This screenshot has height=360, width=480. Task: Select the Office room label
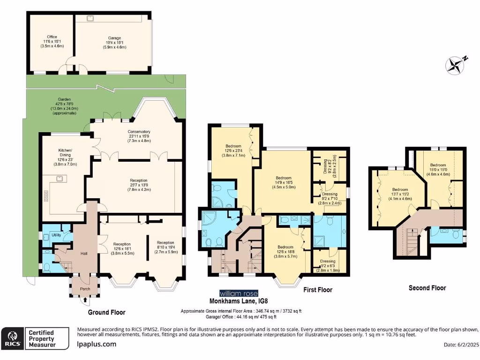click(x=52, y=37)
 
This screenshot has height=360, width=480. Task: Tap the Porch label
click(x=85, y=289)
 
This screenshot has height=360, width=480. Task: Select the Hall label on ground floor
click(x=84, y=254)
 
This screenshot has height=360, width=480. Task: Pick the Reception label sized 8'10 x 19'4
click(x=165, y=243)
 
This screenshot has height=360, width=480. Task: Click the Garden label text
click(x=64, y=99)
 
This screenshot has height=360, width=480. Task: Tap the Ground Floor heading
click(x=106, y=312)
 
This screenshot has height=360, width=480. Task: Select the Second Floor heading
click(x=427, y=288)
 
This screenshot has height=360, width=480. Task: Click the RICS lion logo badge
click(x=13, y=338)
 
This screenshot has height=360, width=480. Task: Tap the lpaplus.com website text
click(x=96, y=344)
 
